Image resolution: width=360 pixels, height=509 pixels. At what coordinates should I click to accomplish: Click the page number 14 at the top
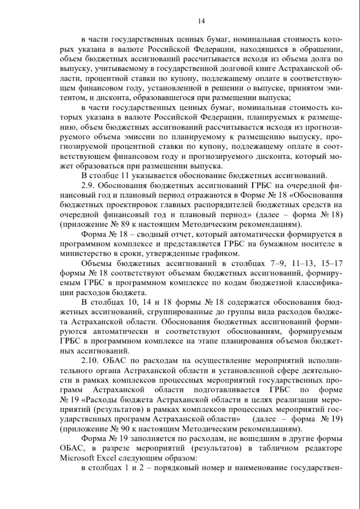[201, 21]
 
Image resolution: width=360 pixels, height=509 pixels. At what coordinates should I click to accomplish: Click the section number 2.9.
[88, 186]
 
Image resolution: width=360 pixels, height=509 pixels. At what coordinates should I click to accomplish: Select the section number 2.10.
[90, 360]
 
